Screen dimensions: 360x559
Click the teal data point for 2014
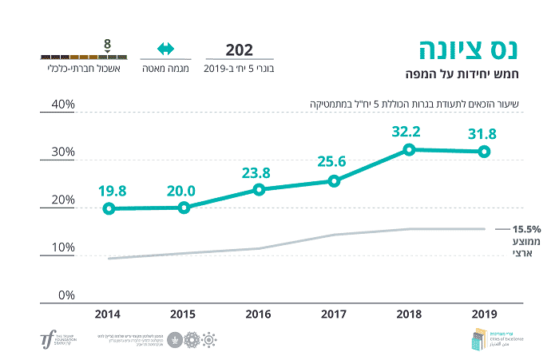(x=109, y=208)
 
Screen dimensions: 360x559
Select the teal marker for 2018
(x=409, y=149)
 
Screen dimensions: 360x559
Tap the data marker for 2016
(x=259, y=189)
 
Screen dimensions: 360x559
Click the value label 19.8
(x=112, y=191)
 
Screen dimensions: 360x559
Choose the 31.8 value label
(x=483, y=133)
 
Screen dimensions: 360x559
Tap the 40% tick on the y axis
(x=63, y=105)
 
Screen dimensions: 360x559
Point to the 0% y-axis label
(x=66, y=295)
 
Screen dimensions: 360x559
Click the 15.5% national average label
(x=527, y=227)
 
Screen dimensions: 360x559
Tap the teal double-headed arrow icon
(x=165, y=49)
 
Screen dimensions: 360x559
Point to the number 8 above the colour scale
(x=107, y=42)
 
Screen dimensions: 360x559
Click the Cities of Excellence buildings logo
(x=478, y=338)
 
